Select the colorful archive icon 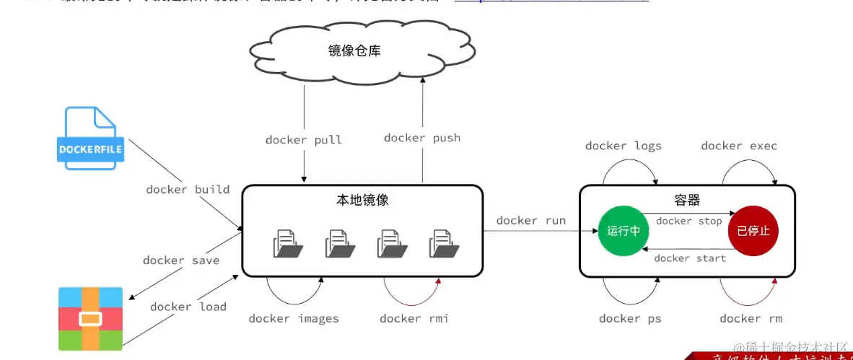pyautogui.click(x=90, y=319)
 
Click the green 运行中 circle pyautogui.click(x=623, y=231)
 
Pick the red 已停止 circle pyautogui.click(x=753, y=231)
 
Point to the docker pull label pyautogui.click(x=303, y=140)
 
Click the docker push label pyautogui.click(x=422, y=138)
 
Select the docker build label pyautogui.click(x=188, y=190)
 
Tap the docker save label pyautogui.click(x=181, y=260)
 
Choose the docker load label pyautogui.click(x=188, y=307)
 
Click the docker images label pyautogui.click(x=294, y=318)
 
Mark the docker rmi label pyautogui.click(x=414, y=318)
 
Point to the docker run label pyautogui.click(x=531, y=221)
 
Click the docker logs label pyautogui.click(x=623, y=146)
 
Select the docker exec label pyautogui.click(x=739, y=146)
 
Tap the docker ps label pyautogui.click(x=630, y=318)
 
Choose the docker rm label pyautogui.click(x=751, y=318)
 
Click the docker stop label pyautogui.click(x=688, y=221)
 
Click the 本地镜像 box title pyautogui.click(x=362, y=200)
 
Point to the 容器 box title pyautogui.click(x=687, y=200)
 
